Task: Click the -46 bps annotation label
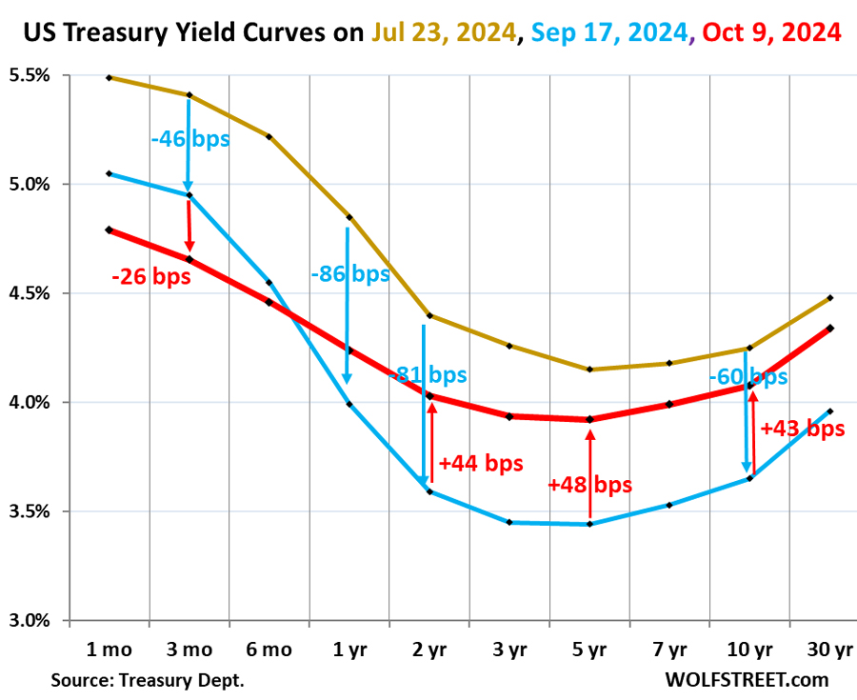189,139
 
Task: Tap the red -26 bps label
150,277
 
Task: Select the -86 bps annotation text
349,274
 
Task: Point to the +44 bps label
482,464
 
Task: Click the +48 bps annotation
589,484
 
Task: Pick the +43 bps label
803,429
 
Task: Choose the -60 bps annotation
747,376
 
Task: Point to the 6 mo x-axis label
268,650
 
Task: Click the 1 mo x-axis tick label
108,650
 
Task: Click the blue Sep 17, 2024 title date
612,32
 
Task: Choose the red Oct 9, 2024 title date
771,32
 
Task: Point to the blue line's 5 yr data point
589,524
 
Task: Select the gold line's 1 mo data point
109,77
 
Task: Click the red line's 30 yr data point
830,329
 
